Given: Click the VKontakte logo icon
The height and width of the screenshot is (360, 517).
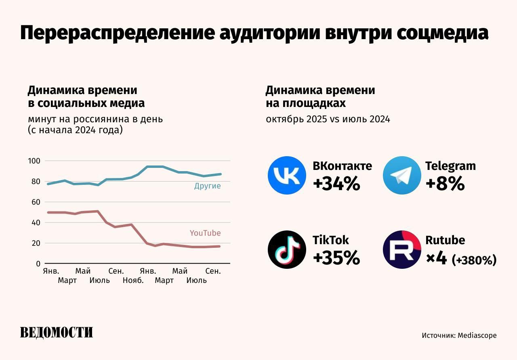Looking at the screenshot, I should [x=287, y=176].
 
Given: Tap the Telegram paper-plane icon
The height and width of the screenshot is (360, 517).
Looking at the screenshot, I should [x=401, y=176].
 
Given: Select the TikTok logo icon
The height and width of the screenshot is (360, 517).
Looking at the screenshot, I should [x=287, y=249].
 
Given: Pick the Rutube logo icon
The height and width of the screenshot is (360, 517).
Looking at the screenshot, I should [x=401, y=249].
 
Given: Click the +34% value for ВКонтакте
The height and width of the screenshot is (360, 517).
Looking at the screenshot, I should [x=336, y=184].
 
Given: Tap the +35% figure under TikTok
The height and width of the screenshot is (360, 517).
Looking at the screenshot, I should [x=336, y=258].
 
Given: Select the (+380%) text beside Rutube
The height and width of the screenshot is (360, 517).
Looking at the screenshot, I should [x=474, y=260].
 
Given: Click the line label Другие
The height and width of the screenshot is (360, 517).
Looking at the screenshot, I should [x=207, y=186].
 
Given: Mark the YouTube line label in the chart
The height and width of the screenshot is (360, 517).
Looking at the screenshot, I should [x=205, y=233].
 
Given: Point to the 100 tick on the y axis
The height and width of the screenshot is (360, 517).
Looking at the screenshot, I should [x=34, y=161].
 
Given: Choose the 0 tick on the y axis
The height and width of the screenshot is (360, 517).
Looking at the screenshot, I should [x=38, y=264].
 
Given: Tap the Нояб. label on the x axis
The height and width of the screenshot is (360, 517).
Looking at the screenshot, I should [x=133, y=280].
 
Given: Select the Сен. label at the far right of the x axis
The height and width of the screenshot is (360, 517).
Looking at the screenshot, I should [x=213, y=271].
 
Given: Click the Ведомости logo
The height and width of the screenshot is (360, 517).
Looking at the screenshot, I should [x=57, y=332].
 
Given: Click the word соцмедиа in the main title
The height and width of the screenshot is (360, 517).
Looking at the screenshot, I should [x=442, y=33].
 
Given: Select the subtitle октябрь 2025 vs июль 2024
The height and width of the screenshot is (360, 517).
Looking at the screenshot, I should [x=328, y=119].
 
